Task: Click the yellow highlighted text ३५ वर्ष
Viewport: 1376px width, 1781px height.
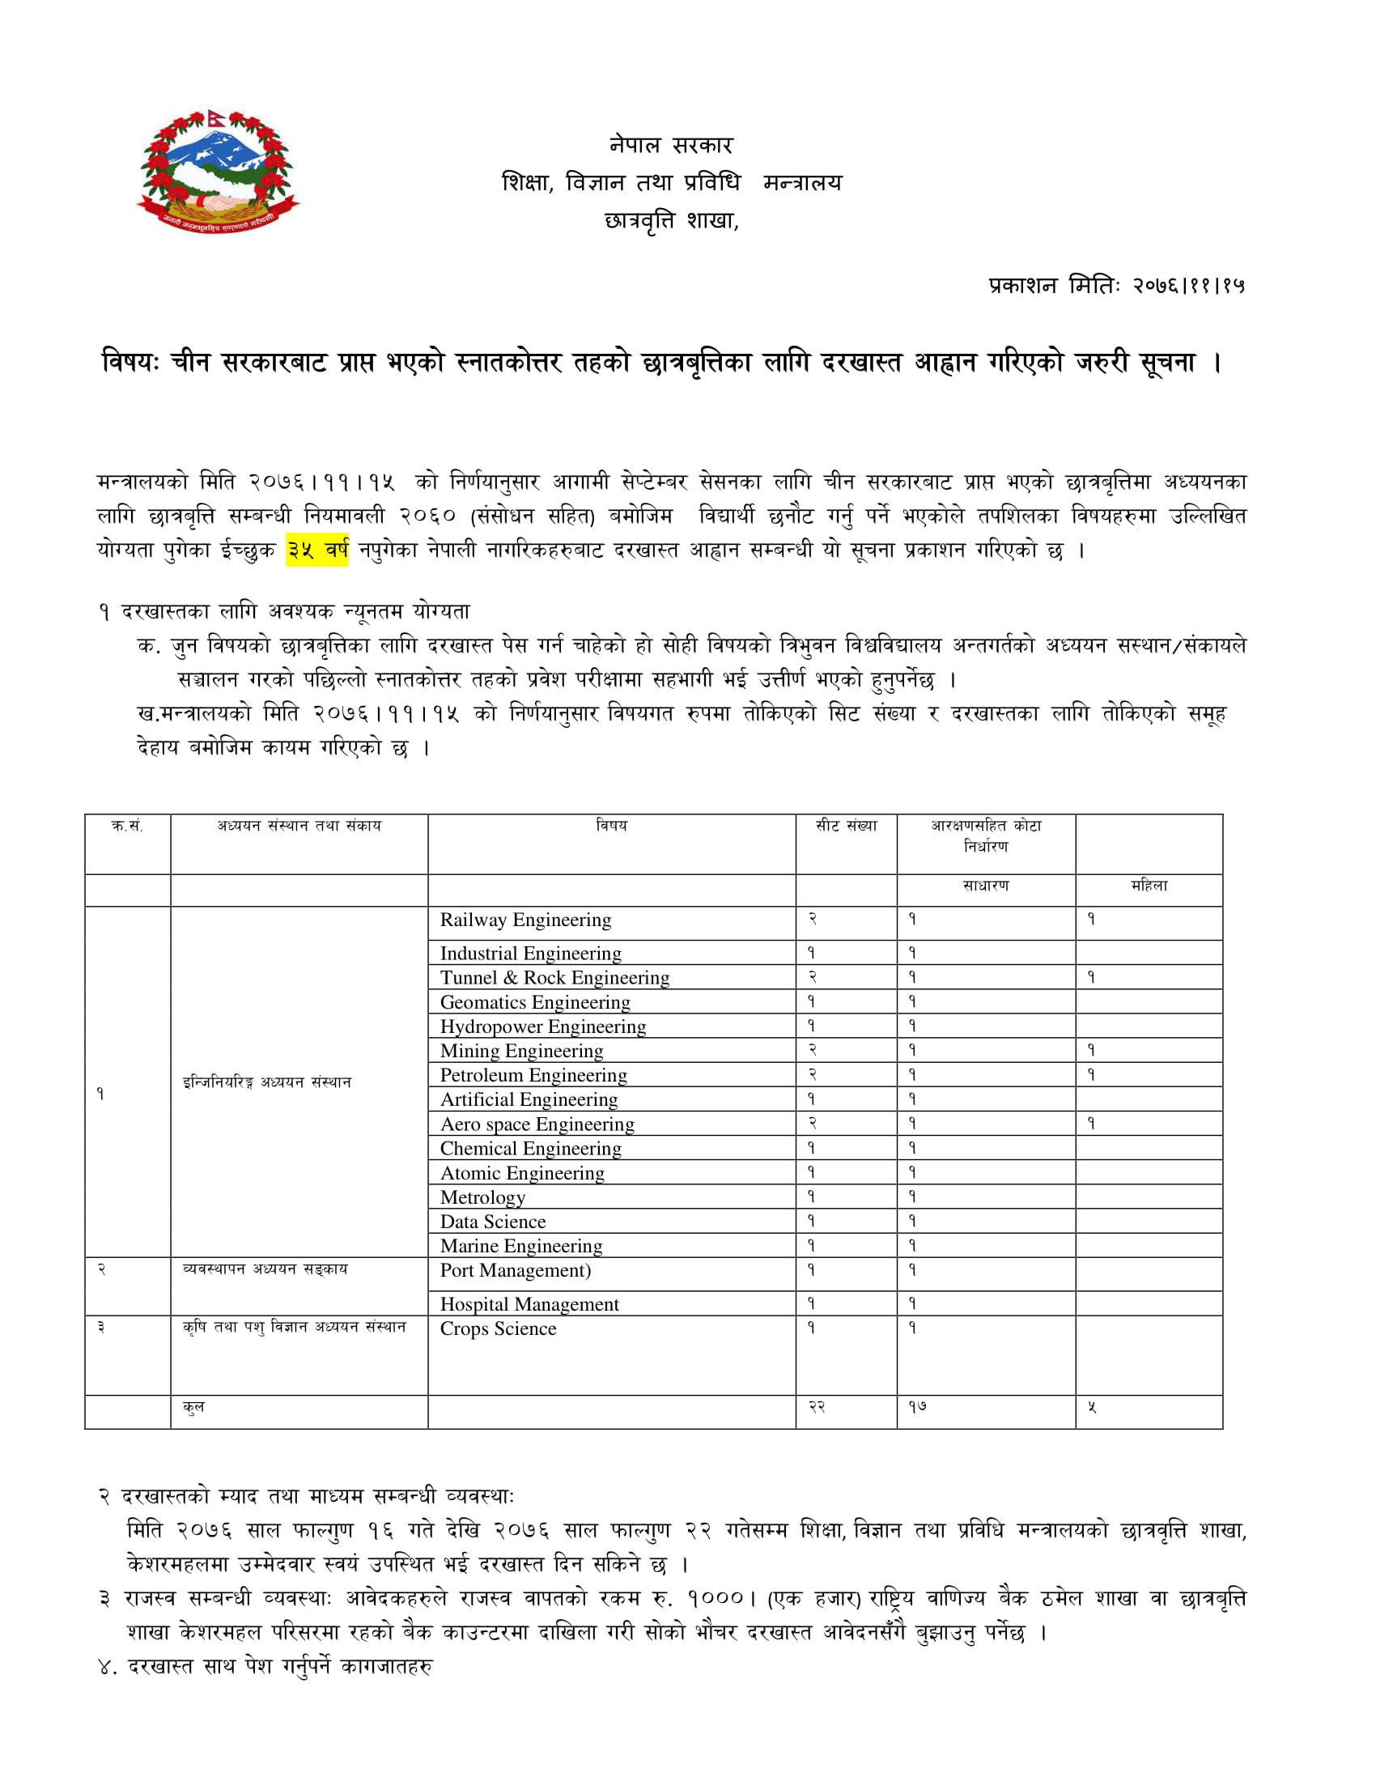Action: (317, 550)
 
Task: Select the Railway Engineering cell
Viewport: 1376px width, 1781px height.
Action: (525, 920)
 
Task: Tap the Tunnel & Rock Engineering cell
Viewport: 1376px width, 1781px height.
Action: (554, 978)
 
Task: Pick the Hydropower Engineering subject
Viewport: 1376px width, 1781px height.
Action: (543, 1027)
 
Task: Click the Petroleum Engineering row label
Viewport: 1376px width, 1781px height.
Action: (533, 1076)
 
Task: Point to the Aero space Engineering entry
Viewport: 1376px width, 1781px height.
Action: (537, 1124)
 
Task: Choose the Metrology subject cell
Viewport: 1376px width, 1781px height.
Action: (482, 1197)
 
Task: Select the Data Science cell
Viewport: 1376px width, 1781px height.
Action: (492, 1222)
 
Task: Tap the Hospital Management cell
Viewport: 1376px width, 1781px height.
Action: (529, 1304)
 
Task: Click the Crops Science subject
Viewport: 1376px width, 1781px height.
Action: (498, 1328)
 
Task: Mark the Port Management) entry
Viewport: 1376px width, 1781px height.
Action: (515, 1270)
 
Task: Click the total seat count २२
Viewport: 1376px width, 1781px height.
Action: (817, 1407)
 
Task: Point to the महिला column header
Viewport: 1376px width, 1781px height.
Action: (1149, 886)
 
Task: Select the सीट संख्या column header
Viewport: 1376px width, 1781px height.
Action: (846, 826)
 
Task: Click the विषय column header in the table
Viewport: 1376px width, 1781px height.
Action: (611, 826)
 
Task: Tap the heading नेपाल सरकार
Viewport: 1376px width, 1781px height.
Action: (671, 145)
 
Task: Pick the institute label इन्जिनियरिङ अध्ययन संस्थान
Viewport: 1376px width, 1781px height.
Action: (266, 1082)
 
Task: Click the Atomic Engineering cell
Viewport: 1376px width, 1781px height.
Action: (522, 1174)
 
